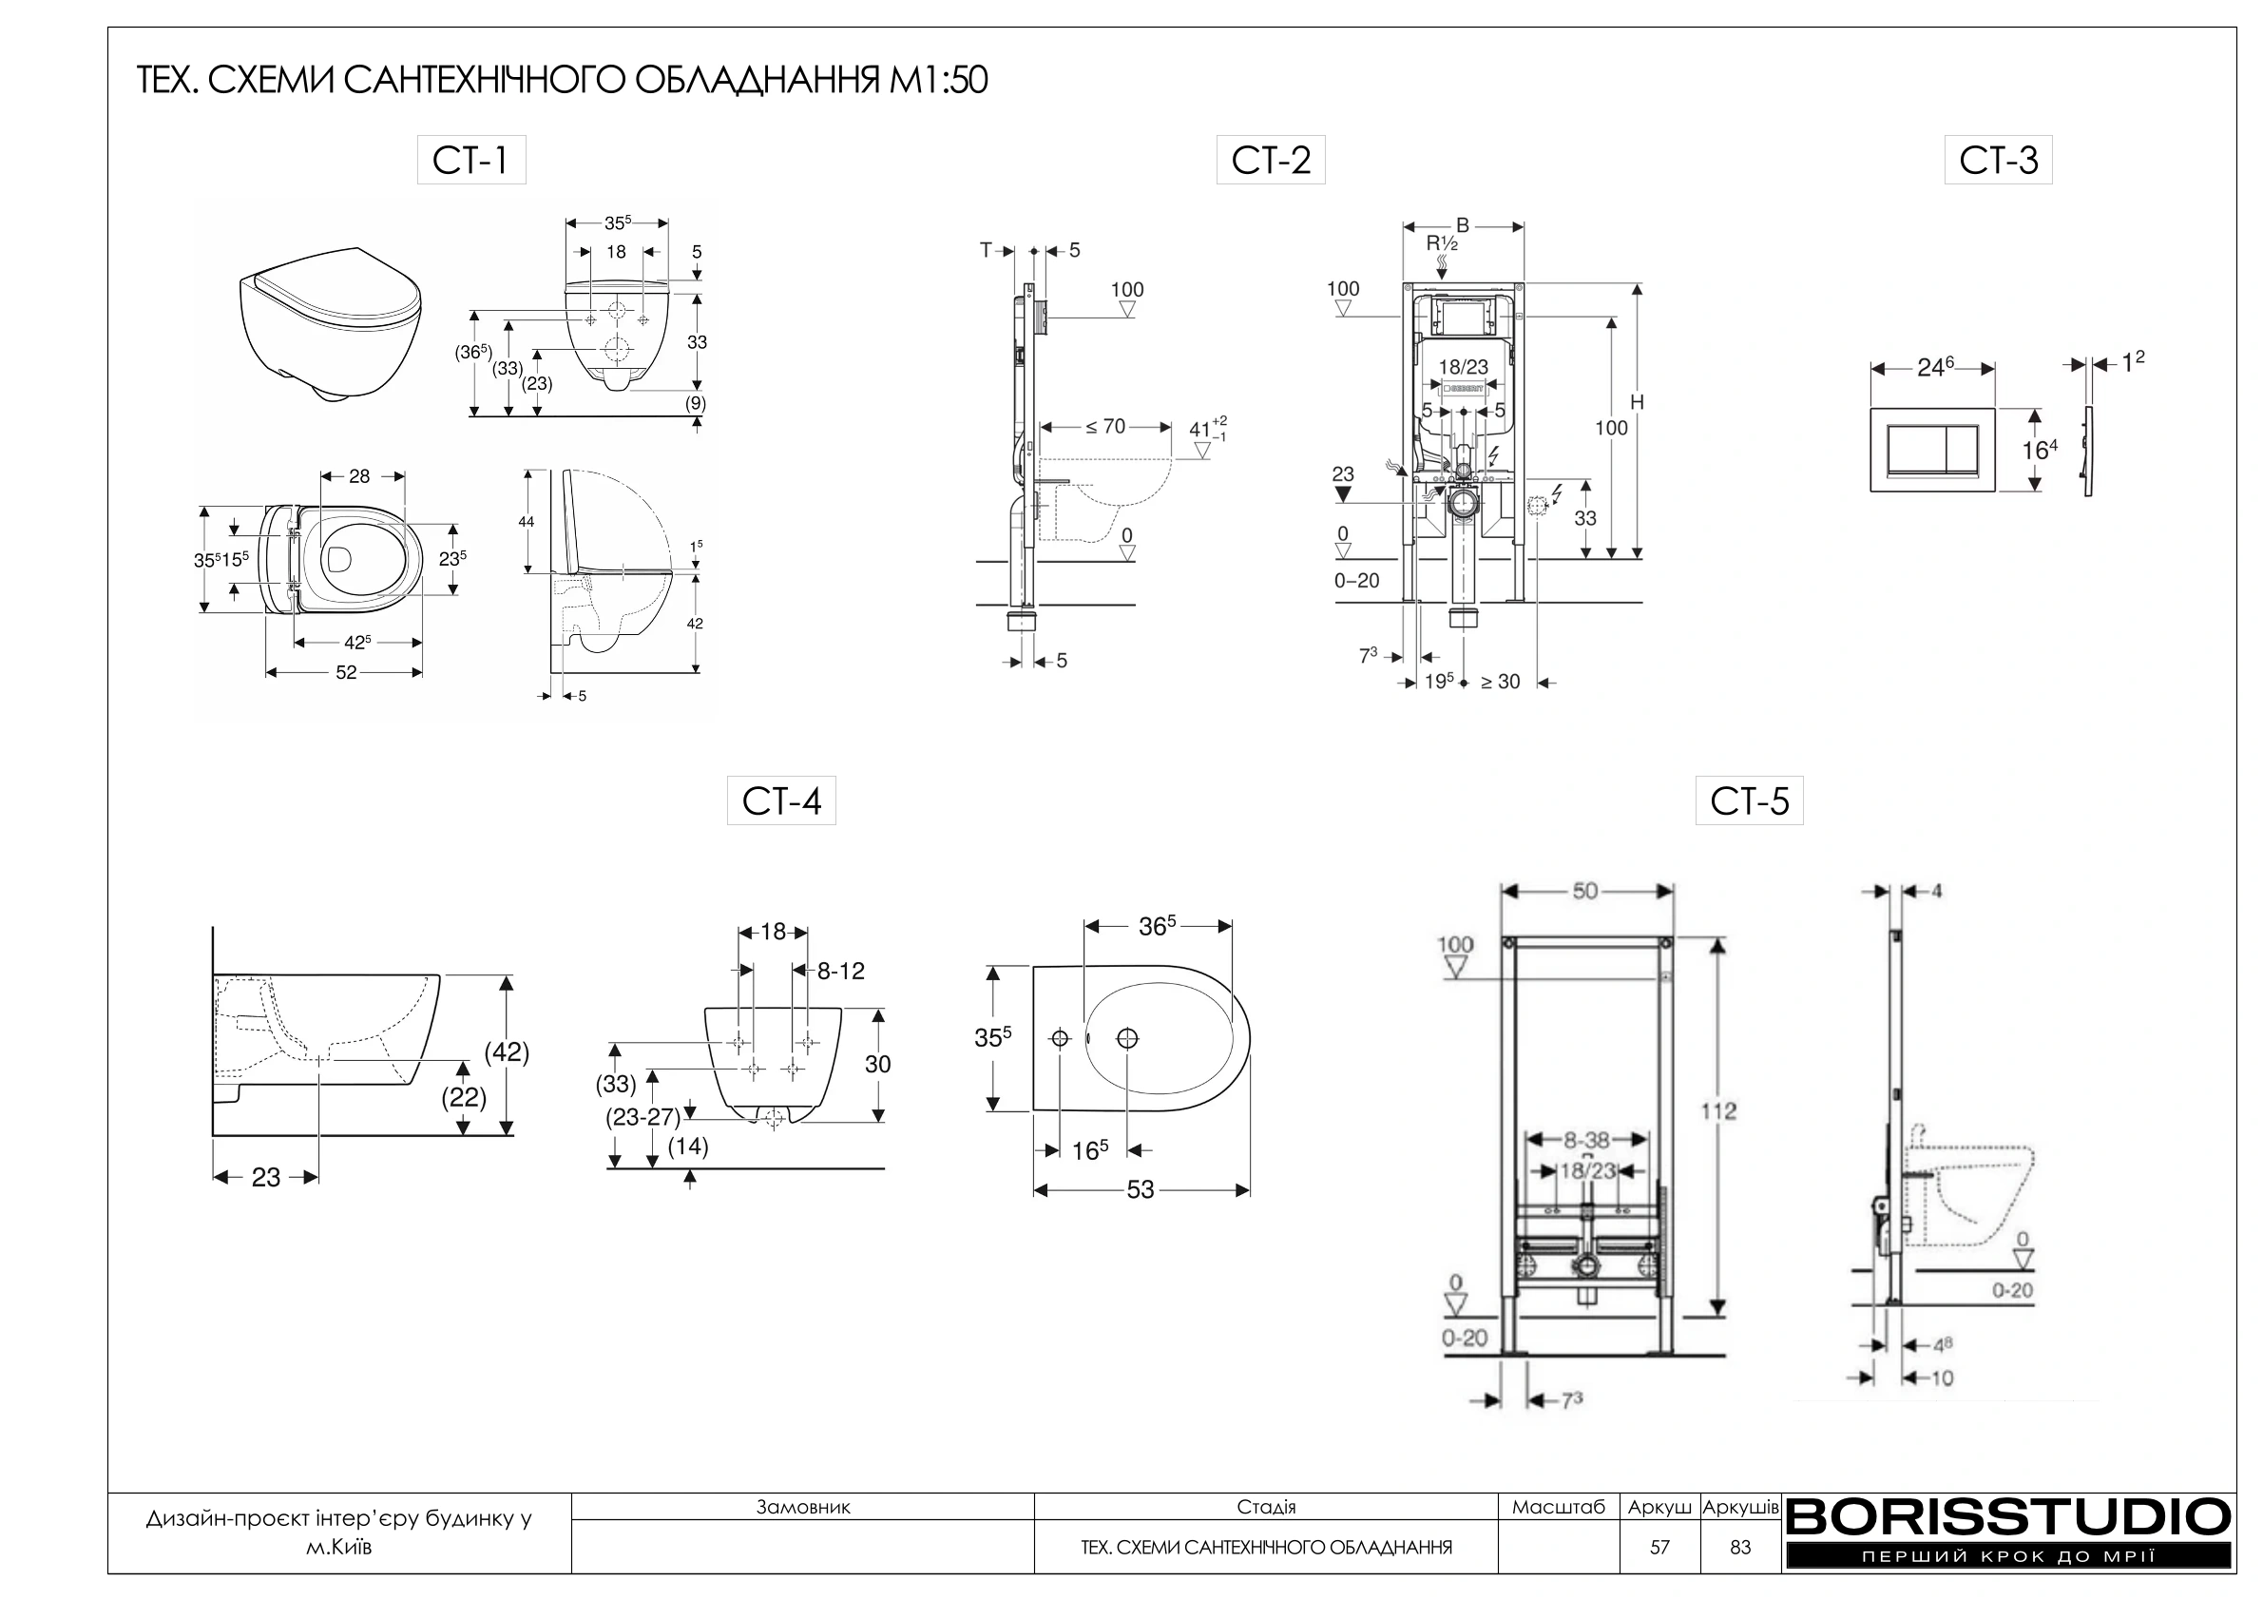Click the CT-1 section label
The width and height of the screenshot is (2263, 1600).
pyautogui.click(x=471, y=160)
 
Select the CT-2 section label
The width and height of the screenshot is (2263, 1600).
pyautogui.click(x=1271, y=160)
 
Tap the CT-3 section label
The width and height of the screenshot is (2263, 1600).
pyautogui.click(x=1998, y=160)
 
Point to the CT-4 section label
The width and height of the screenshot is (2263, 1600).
pyautogui.click(x=781, y=800)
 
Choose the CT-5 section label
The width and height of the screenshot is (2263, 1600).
pyautogui.click(x=1750, y=800)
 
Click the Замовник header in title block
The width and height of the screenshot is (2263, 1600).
pyautogui.click(x=802, y=1506)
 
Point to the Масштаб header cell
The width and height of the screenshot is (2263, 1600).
pyautogui.click(x=1559, y=1506)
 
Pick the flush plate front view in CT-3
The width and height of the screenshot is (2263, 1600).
pyautogui.click(x=1933, y=450)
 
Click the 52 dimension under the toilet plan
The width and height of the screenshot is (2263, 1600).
pyautogui.click(x=346, y=672)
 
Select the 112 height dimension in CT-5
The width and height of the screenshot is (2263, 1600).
pyautogui.click(x=1719, y=1111)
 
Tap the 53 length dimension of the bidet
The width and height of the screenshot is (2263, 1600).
pyautogui.click(x=1141, y=1190)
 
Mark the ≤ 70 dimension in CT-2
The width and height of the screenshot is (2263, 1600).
pyautogui.click(x=1105, y=427)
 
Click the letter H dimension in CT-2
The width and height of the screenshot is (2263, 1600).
pyautogui.click(x=1637, y=402)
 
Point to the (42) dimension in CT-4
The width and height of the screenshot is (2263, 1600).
pyautogui.click(x=507, y=1051)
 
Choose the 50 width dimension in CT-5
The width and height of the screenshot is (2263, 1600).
pyautogui.click(x=1585, y=891)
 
